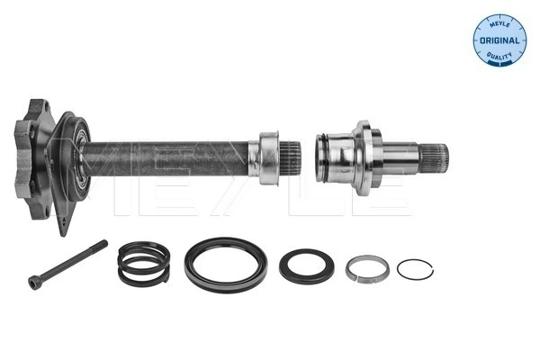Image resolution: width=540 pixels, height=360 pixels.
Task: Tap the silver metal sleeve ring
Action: point(367,267)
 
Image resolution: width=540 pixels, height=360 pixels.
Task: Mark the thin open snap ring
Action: point(415,269)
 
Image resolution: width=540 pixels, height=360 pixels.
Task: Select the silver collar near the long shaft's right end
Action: point(267,157)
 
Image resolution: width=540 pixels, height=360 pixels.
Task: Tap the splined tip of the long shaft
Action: point(292,157)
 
